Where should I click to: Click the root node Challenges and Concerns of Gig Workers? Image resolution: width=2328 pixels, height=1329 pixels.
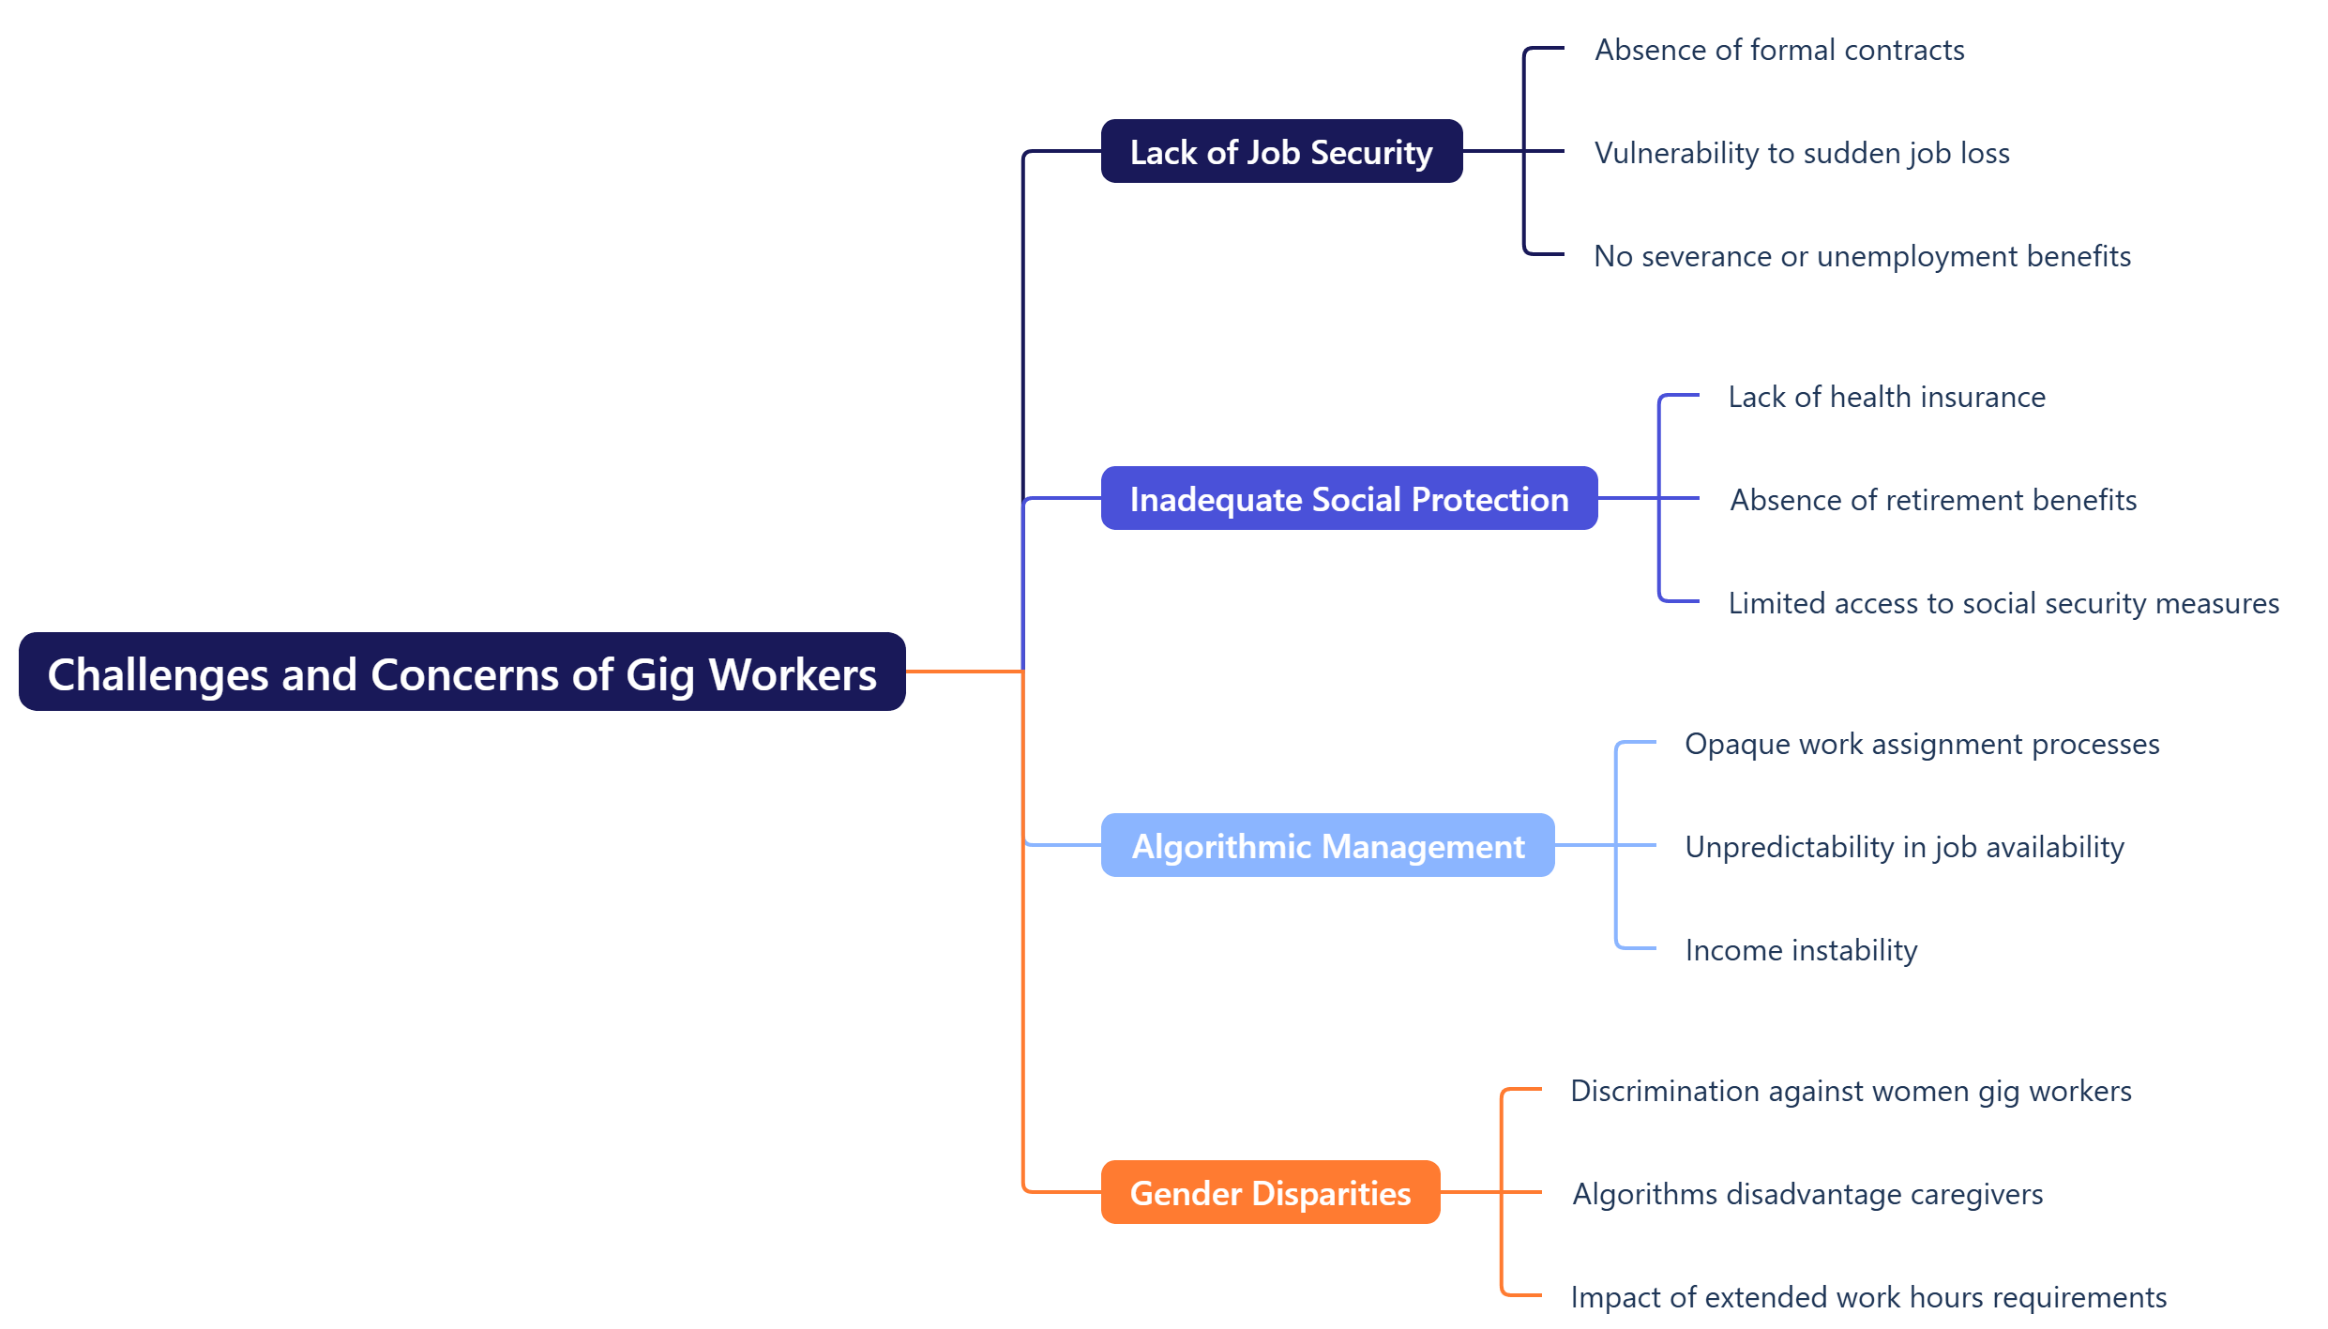[461, 672]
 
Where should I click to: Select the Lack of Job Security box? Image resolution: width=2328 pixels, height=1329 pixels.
[1281, 152]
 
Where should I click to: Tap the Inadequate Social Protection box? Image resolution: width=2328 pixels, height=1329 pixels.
[1349, 499]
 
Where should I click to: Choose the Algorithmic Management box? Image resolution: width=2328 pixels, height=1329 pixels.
[1327, 846]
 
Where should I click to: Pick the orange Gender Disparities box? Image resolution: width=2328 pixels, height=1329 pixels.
[1270, 1193]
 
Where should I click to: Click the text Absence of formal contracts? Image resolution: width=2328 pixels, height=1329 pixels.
[1779, 50]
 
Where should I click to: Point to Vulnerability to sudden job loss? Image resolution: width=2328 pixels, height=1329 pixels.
[1802, 153]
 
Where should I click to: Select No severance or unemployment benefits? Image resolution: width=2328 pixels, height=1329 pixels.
[1862, 256]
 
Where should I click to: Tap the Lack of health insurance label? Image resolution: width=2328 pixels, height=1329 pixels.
[1886, 397]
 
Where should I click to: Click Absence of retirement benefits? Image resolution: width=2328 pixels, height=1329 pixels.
[1933, 500]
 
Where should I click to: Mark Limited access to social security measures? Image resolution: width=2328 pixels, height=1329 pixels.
[2003, 603]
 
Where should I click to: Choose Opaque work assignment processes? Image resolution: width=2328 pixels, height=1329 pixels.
[1922, 744]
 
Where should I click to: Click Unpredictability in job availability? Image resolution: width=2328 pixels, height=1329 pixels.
[1904, 847]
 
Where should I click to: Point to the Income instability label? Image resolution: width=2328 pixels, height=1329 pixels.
[1801, 950]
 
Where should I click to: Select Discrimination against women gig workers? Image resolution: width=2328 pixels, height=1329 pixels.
[1851, 1091]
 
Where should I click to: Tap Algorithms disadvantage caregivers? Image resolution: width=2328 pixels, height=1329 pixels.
[1807, 1194]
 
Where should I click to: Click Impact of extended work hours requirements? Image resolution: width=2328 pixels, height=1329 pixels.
[1868, 1297]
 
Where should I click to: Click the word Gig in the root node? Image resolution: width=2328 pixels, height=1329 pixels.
[659, 676]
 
